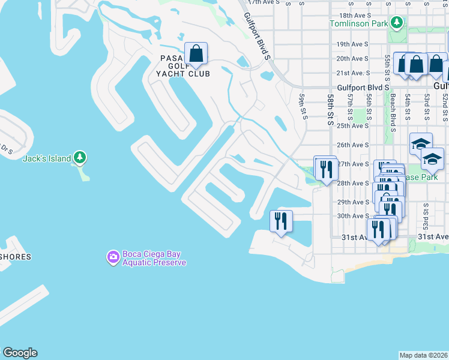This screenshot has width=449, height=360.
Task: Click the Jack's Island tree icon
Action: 80,158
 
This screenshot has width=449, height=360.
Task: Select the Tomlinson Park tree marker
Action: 396,23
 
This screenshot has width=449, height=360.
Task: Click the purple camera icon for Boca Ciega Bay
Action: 113,257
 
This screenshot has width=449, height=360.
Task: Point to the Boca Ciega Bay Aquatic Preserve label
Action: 154,259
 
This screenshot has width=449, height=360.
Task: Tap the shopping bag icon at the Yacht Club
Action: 196,53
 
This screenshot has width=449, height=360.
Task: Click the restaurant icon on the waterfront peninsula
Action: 281,221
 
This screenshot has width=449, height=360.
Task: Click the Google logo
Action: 20,353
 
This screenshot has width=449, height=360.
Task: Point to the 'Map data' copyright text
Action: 423,355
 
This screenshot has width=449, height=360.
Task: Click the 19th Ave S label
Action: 352,44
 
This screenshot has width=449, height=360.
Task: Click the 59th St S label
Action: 304,106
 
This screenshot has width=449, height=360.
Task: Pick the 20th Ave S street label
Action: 352,59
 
